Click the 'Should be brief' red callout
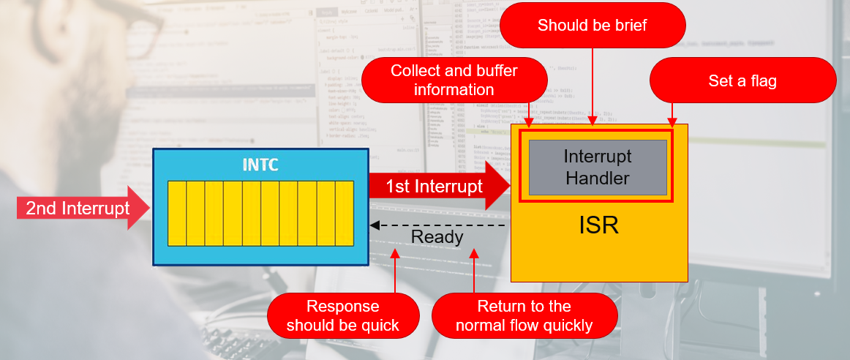[x=593, y=26]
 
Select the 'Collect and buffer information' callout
[x=454, y=80]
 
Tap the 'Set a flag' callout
[x=742, y=80]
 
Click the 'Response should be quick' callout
[x=343, y=315]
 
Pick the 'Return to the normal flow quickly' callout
[x=524, y=315]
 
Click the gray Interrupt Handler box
[x=597, y=167]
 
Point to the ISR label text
[x=598, y=225]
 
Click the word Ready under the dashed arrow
[x=437, y=237]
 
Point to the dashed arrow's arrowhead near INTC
[x=374, y=225]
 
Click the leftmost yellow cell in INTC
[x=177, y=213]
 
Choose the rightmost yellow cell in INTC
[x=345, y=213]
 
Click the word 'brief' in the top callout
[x=630, y=26]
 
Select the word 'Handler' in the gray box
[x=597, y=177]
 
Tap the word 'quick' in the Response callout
[x=378, y=325]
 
